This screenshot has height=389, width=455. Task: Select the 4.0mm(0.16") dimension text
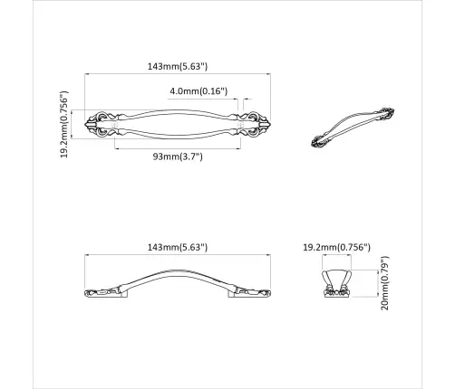(x=198, y=91)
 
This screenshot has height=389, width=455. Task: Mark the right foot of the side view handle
(x=255, y=292)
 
